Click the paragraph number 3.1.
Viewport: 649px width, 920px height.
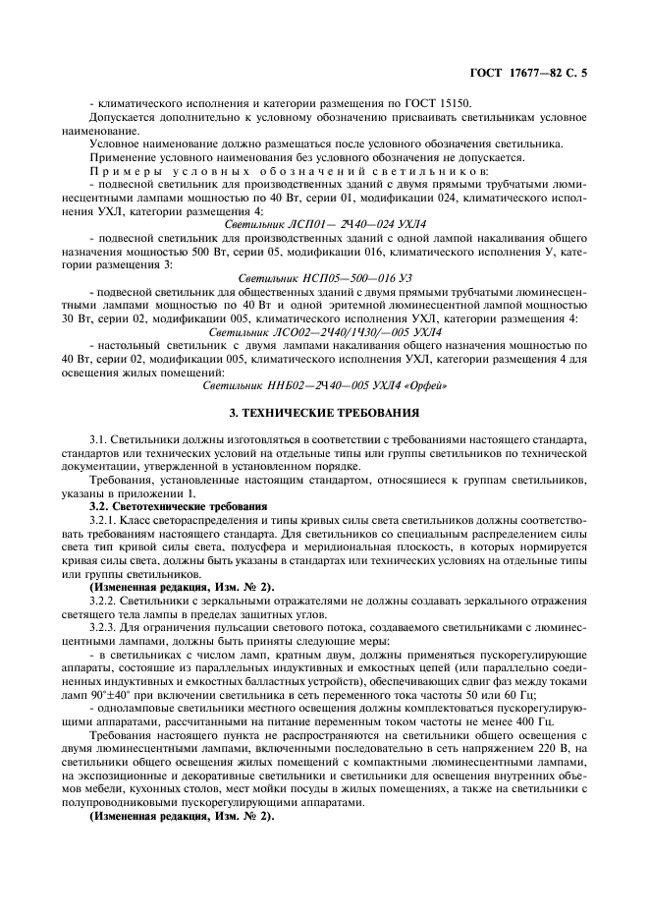pyautogui.click(x=100, y=438)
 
